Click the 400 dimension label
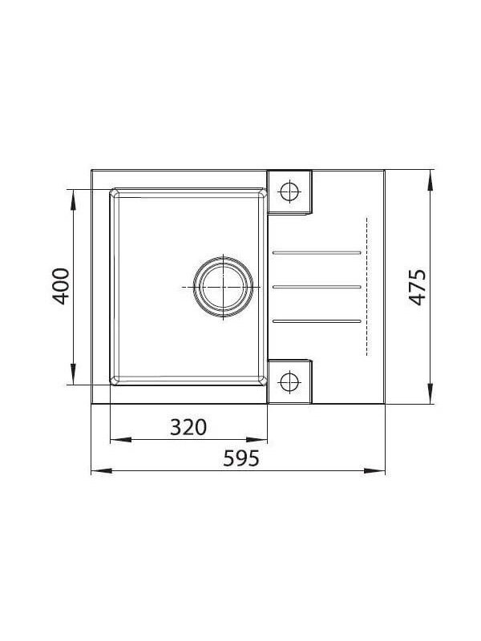coord(61,286)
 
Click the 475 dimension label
coord(418,287)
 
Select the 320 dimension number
coord(188,427)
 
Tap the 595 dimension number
coord(241,458)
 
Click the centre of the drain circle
coord(224,288)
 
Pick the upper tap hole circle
coord(290,191)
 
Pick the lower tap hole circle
coord(289,382)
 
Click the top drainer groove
coord(317,253)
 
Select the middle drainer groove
coord(317,287)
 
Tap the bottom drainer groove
coord(317,321)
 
